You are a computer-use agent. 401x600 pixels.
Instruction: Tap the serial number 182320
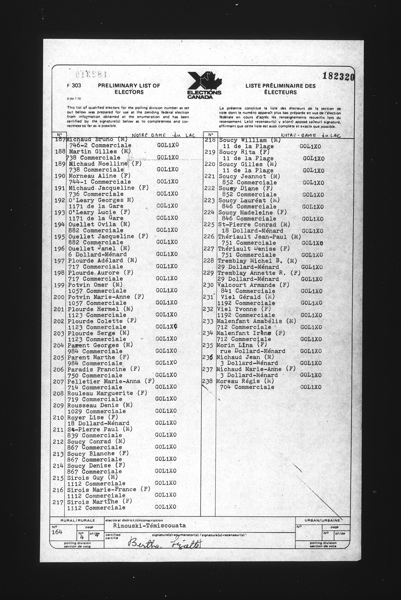coord(338,76)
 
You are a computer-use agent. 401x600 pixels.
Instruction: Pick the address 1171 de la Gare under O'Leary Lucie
coord(96,218)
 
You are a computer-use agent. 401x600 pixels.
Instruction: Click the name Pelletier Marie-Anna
coord(104,381)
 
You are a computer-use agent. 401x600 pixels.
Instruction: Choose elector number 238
coord(207,381)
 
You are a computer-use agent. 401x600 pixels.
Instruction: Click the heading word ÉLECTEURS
coord(280,92)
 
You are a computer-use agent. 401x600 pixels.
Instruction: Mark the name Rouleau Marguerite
coord(100,393)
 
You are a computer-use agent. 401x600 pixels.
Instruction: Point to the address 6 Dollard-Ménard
coord(97,254)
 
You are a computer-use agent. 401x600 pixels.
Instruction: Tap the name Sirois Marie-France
coord(101,490)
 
